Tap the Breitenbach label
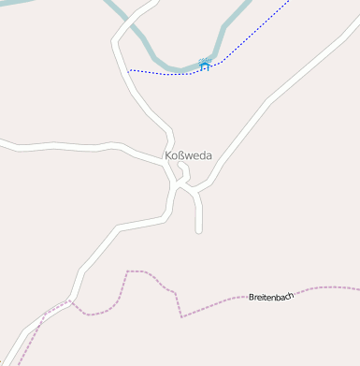tap(271, 297)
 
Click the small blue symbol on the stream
tap(205, 65)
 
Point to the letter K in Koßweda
tap(168, 155)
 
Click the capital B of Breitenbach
tap(252, 298)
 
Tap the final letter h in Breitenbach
tap(291, 295)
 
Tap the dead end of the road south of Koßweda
tap(199, 230)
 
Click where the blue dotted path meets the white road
tap(129, 70)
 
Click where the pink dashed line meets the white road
tap(71, 301)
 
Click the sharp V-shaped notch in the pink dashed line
tap(180, 315)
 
